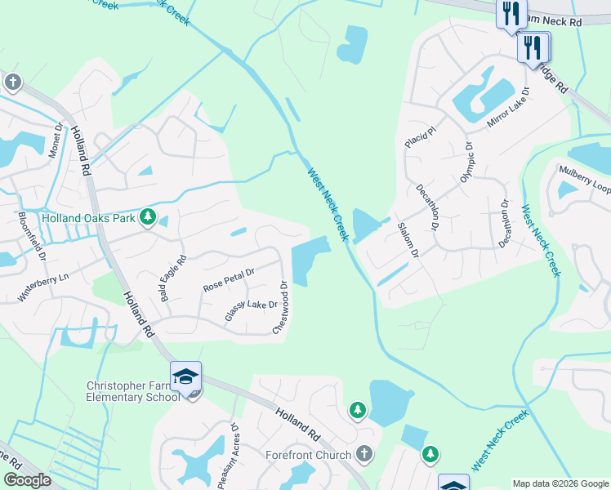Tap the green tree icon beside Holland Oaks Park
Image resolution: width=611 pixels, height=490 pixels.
click(148, 217)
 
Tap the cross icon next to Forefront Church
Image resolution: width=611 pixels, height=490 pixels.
click(364, 453)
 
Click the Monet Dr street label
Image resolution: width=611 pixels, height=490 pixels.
click(56, 140)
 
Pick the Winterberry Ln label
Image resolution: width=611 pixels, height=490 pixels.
click(43, 283)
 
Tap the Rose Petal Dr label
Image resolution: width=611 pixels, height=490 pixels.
click(229, 280)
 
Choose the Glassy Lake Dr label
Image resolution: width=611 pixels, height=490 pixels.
click(252, 310)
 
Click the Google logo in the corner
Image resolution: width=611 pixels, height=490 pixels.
click(27, 480)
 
